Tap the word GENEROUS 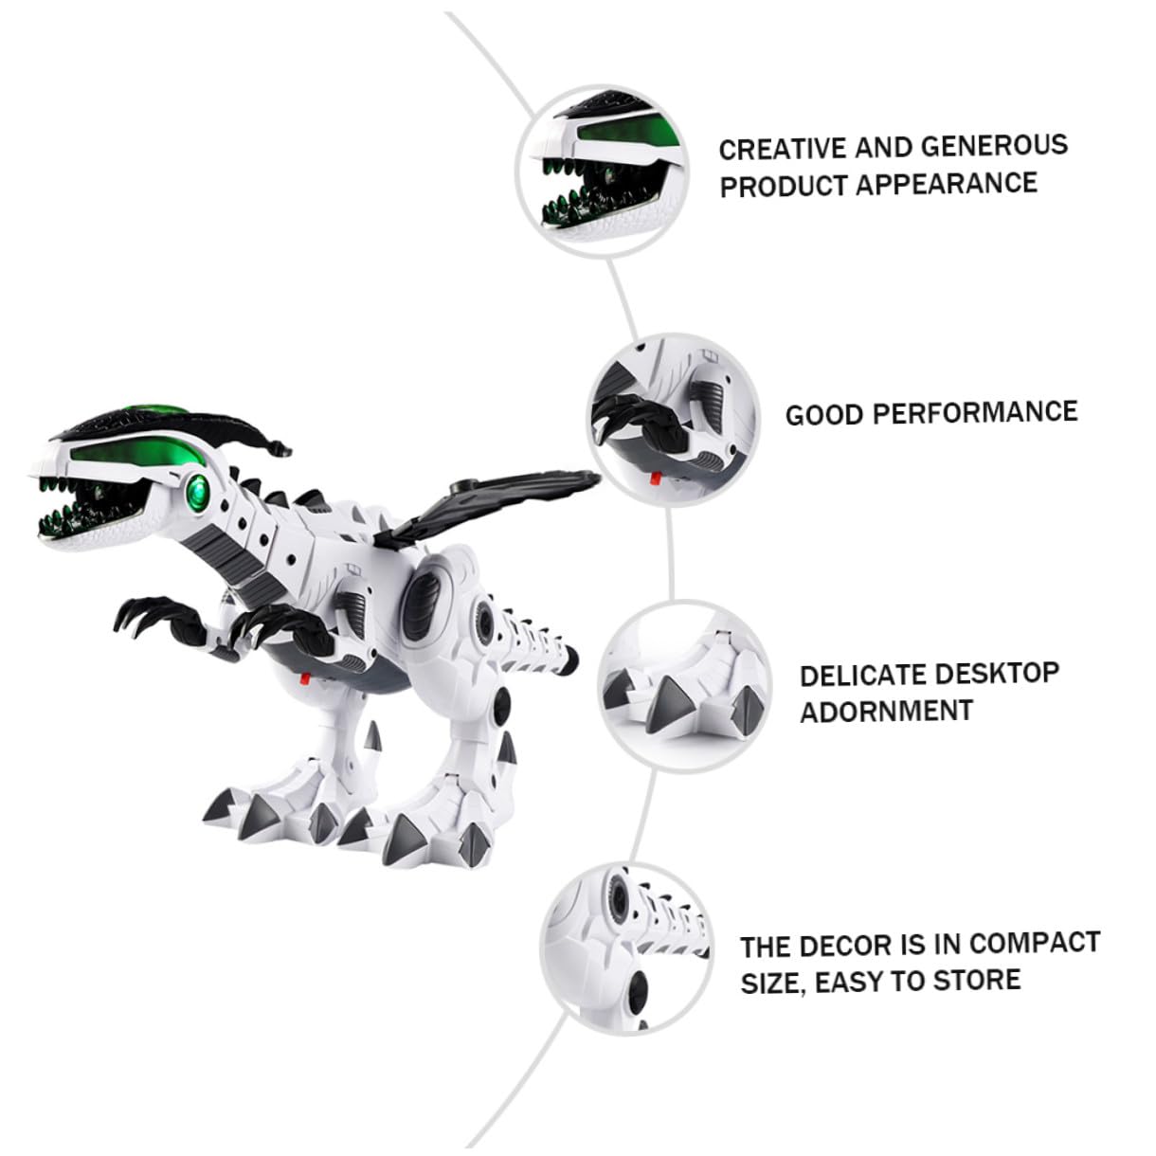point(994,145)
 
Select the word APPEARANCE point(948,184)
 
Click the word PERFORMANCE point(975,413)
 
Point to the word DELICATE point(854,677)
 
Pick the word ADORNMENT point(886,712)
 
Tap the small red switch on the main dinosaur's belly point(305,677)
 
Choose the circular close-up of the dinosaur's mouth point(602,171)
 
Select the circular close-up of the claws point(673,420)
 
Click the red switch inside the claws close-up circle point(657,479)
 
